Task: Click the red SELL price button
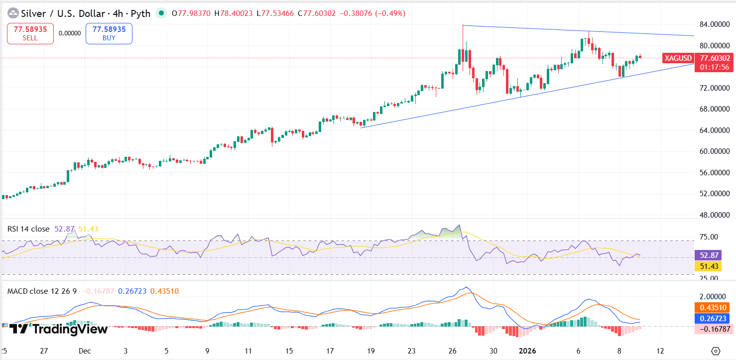[30, 33]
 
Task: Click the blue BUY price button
[109, 33]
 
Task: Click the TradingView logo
[59, 329]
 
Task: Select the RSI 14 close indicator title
[28, 229]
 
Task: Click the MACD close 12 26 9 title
[42, 291]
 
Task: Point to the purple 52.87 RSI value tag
[707, 255]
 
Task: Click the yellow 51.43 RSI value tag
[707, 266]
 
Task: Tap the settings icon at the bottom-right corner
[716, 351]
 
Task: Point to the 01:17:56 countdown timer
[715, 67]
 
